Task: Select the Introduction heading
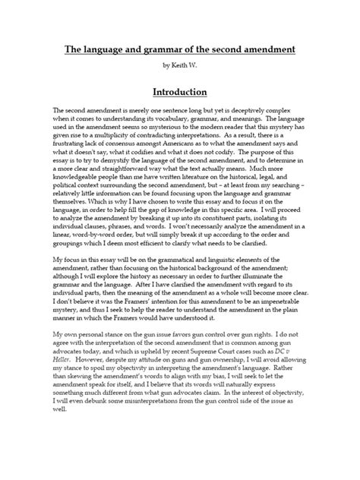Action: click(x=180, y=92)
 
